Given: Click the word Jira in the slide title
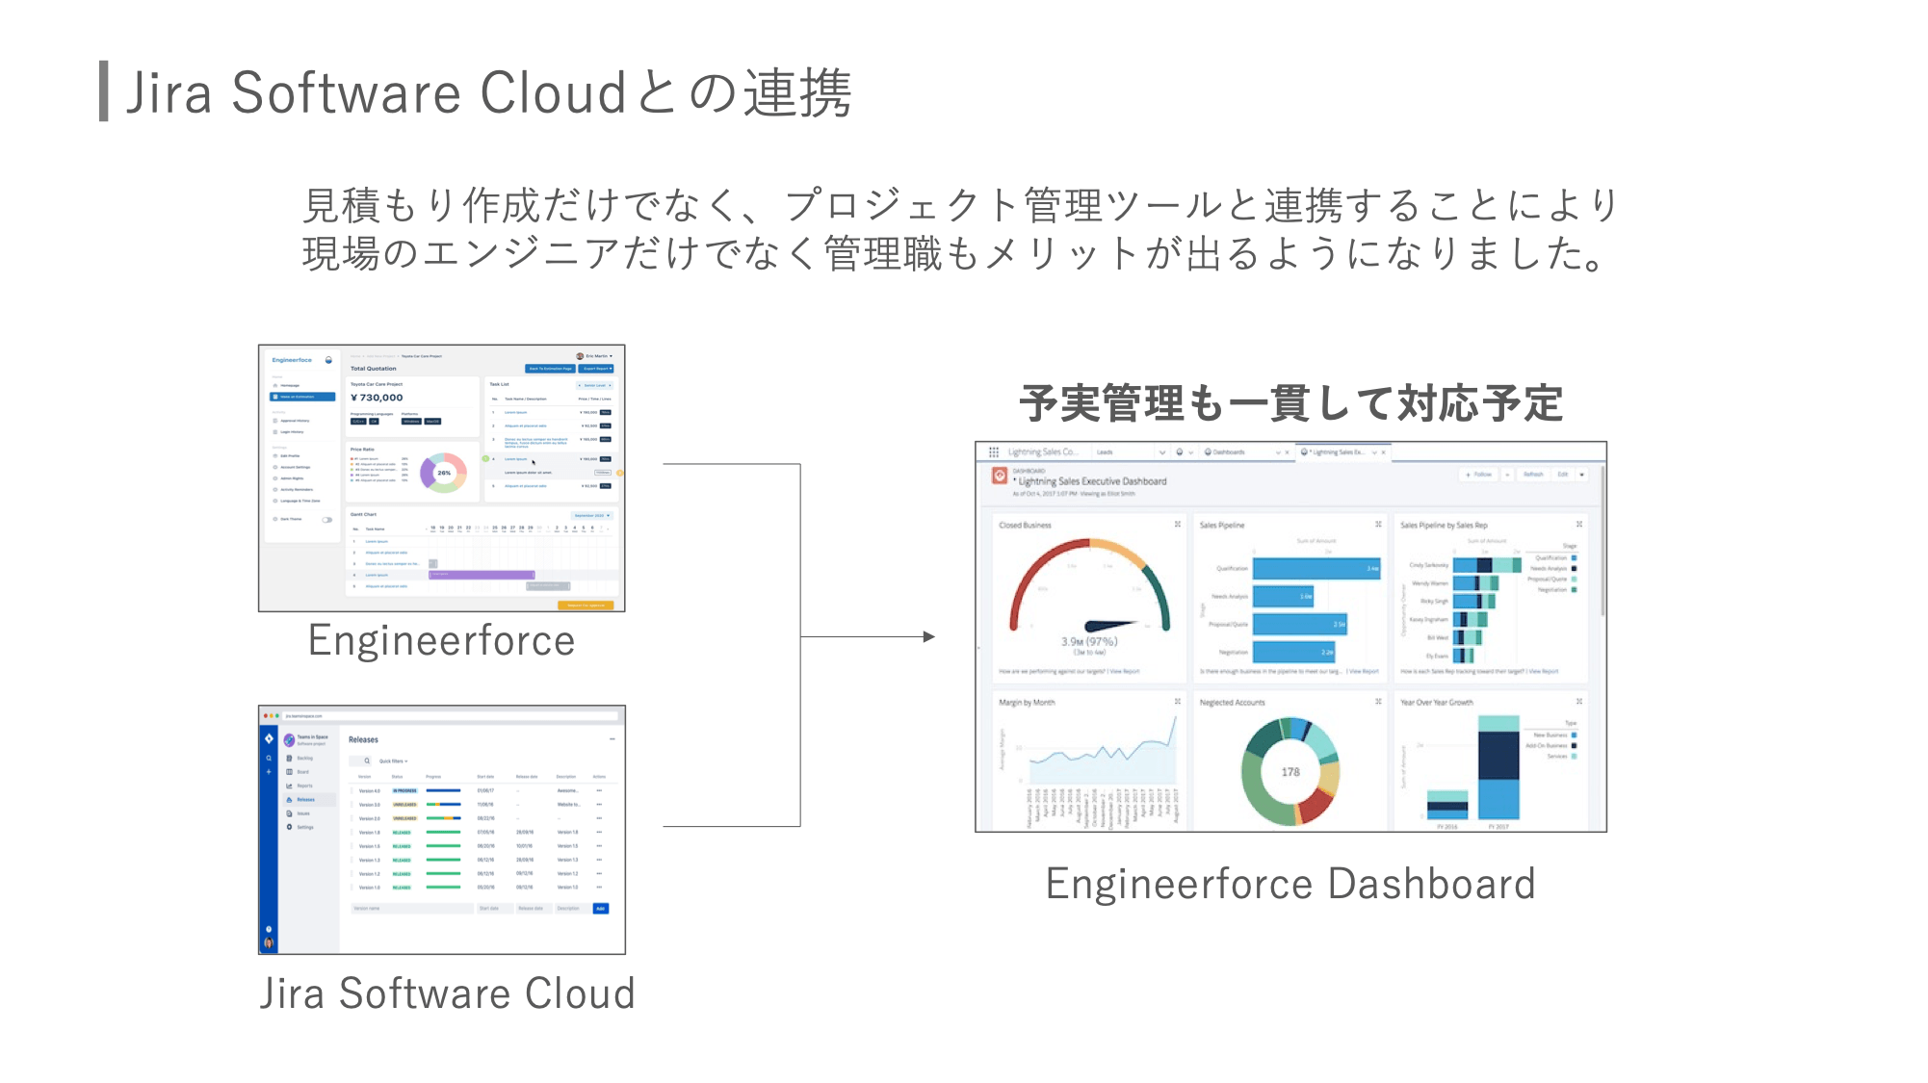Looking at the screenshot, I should click(x=169, y=93).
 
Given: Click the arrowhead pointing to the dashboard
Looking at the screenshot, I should click(x=928, y=636).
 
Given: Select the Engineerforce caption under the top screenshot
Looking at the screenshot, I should click(x=441, y=641).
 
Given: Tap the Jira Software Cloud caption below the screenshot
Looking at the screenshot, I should click(x=447, y=993).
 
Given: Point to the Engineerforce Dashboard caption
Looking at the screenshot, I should click(x=1290, y=884).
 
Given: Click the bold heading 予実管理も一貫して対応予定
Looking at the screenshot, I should click(x=1290, y=403).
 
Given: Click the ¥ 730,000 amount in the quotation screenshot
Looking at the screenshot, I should click(x=377, y=398).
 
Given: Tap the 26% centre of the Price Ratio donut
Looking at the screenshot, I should click(x=444, y=473).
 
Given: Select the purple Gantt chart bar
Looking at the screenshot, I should click(x=481, y=575).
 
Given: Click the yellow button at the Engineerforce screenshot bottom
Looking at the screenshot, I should click(x=586, y=606).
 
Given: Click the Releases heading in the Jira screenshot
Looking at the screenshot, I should click(x=363, y=739).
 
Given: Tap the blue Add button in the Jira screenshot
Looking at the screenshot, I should click(x=600, y=908).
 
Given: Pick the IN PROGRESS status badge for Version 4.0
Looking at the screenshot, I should click(x=404, y=790).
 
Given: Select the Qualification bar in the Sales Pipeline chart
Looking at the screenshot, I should click(x=1316, y=569).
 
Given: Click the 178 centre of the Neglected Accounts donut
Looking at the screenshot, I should click(x=1290, y=772).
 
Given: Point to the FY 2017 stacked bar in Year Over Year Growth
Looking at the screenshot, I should click(x=1498, y=770).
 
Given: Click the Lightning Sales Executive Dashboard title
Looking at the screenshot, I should click(x=1092, y=481).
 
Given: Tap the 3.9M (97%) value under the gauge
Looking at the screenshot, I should click(x=1089, y=641).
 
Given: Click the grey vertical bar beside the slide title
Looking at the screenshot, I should click(x=103, y=91).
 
